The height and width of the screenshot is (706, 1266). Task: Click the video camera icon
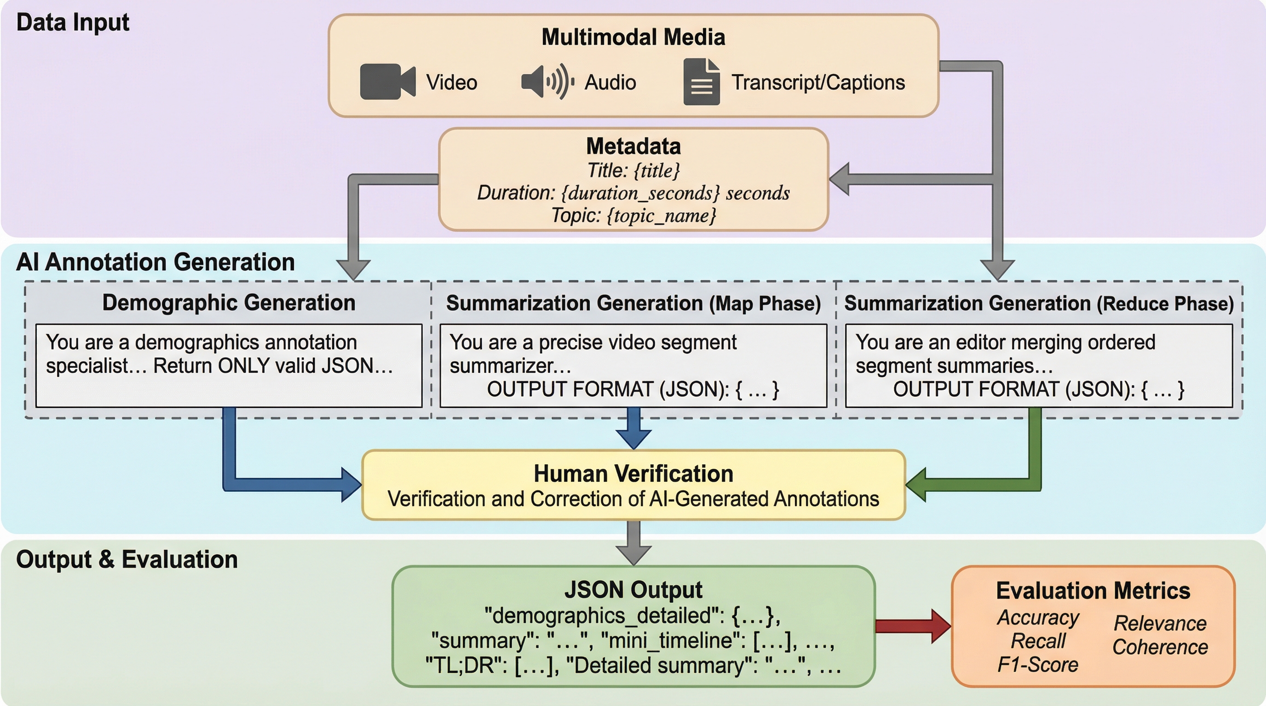pyautogui.click(x=387, y=81)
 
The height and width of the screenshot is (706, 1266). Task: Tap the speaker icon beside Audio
pyautogui.click(x=547, y=81)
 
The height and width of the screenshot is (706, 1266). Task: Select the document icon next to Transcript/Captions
pyautogui.click(x=701, y=81)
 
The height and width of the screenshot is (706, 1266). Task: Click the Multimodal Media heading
pyautogui.click(x=633, y=37)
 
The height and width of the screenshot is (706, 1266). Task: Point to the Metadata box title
pyautogui.click(x=633, y=146)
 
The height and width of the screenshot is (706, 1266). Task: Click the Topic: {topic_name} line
pyautogui.click(x=633, y=216)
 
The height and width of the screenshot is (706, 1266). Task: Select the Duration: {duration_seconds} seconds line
pyautogui.click(x=633, y=193)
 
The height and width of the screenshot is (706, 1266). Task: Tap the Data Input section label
pyautogui.click(x=72, y=23)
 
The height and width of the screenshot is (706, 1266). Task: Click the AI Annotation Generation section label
pyautogui.click(x=155, y=262)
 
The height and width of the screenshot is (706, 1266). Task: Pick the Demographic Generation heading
pyautogui.click(x=229, y=302)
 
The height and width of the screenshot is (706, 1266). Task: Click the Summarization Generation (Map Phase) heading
pyautogui.click(x=633, y=303)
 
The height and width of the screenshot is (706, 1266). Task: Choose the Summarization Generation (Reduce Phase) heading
pyautogui.click(x=1038, y=303)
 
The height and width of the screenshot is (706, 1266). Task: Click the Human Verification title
pyautogui.click(x=633, y=474)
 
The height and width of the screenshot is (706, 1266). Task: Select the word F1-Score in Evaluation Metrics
pyautogui.click(x=1037, y=665)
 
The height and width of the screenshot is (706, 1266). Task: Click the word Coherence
pyautogui.click(x=1160, y=647)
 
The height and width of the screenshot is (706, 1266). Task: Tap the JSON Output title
pyautogui.click(x=633, y=590)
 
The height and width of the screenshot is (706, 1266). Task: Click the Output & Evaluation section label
pyautogui.click(x=127, y=560)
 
